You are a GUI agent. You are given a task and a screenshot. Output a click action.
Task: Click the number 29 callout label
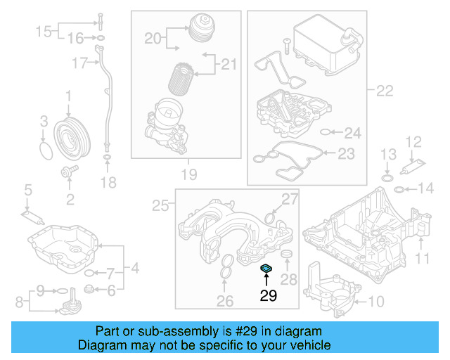(269, 296)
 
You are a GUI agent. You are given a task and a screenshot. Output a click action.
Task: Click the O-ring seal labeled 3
(45, 150)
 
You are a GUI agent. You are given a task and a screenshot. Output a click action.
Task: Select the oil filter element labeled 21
(184, 77)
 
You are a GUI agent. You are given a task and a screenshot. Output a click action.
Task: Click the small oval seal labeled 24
(325, 131)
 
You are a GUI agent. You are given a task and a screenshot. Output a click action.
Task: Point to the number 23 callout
(347, 153)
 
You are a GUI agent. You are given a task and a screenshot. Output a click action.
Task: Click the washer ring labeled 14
(399, 188)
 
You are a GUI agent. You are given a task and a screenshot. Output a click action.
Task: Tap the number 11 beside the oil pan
(421, 258)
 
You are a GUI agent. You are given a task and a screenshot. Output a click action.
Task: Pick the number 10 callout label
(377, 303)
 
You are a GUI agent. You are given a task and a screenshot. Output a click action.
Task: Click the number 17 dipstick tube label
(79, 64)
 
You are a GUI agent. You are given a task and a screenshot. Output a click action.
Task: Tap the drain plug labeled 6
(89, 288)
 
